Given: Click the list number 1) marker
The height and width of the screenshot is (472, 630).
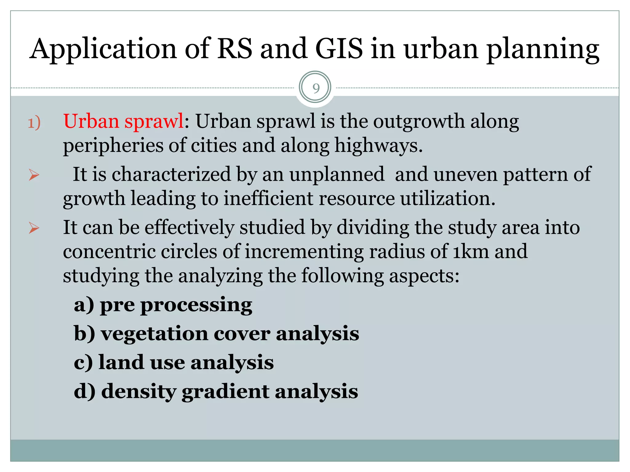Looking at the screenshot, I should pos(34,123).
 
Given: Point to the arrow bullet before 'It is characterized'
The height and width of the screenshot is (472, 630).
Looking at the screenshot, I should pos(34,175).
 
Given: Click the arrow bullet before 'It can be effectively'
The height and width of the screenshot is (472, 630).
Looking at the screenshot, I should pos(34,228).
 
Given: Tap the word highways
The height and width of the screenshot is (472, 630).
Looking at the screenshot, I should pos(378,145).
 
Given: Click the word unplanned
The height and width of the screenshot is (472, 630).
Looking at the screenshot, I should pos(337,174).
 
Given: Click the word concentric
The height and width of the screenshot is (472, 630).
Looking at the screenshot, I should pos(109,251).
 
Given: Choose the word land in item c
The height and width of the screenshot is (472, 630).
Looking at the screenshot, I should pos(121,362).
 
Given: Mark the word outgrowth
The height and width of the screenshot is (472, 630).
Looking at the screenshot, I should pos(419,121).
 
